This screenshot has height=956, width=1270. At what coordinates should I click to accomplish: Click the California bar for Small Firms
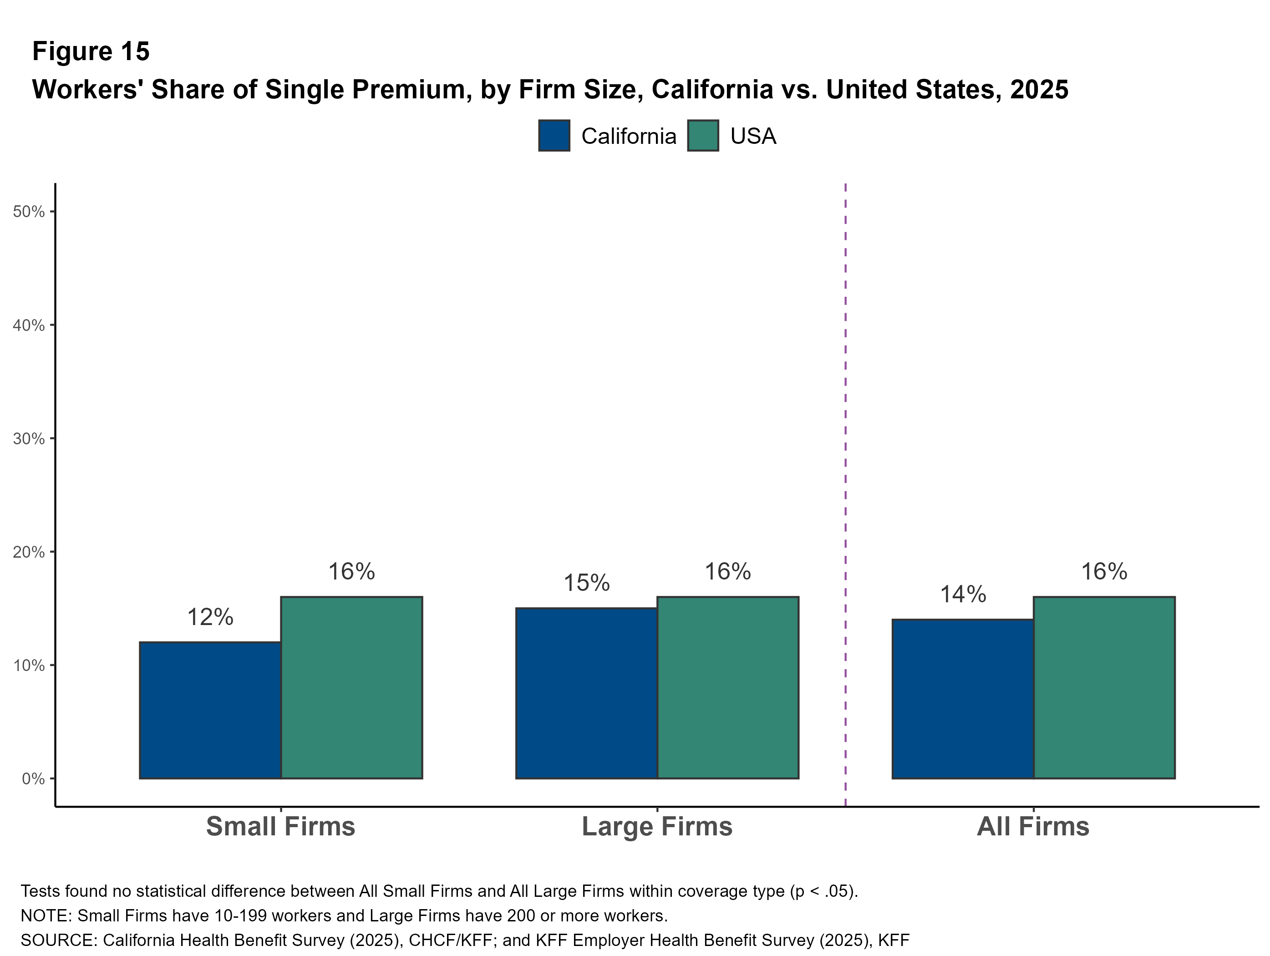pyautogui.click(x=210, y=710)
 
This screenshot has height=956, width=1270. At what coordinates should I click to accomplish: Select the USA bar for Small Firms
pyautogui.click(x=351, y=688)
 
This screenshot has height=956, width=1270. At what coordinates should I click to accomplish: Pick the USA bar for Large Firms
pyautogui.click(x=727, y=688)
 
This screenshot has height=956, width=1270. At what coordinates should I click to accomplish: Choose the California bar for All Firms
pyautogui.click(x=963, y=699)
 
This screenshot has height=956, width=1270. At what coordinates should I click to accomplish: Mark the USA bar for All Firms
pyautogui.click(x=1104, y=688)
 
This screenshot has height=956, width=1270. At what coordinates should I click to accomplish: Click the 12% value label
pyautogui.click(x=210, y=617)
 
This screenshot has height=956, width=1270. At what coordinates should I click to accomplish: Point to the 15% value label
pyautogui.click(x=586, y=583)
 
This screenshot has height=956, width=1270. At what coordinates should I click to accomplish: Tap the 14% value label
pyautogui.click(x=963, y=594)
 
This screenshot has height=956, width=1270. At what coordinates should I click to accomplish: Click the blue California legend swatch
pyautogui.click(x=554, y=136)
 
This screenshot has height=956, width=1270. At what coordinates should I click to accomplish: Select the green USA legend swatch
pyautogui.click(x=703, y=136)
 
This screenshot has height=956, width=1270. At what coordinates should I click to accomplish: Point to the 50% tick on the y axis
pyautogui.click(x=29, y=211)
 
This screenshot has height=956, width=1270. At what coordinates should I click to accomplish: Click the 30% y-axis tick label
pyautogui.click(x=29, y=439)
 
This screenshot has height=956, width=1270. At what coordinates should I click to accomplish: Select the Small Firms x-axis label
pyautogui.click(x=281, y=827)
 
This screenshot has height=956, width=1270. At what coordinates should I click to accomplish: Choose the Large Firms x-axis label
pyautogui.click(x=657, y=827)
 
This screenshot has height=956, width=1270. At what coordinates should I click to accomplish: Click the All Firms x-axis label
pyautogui.click(x=1033, y=827)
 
